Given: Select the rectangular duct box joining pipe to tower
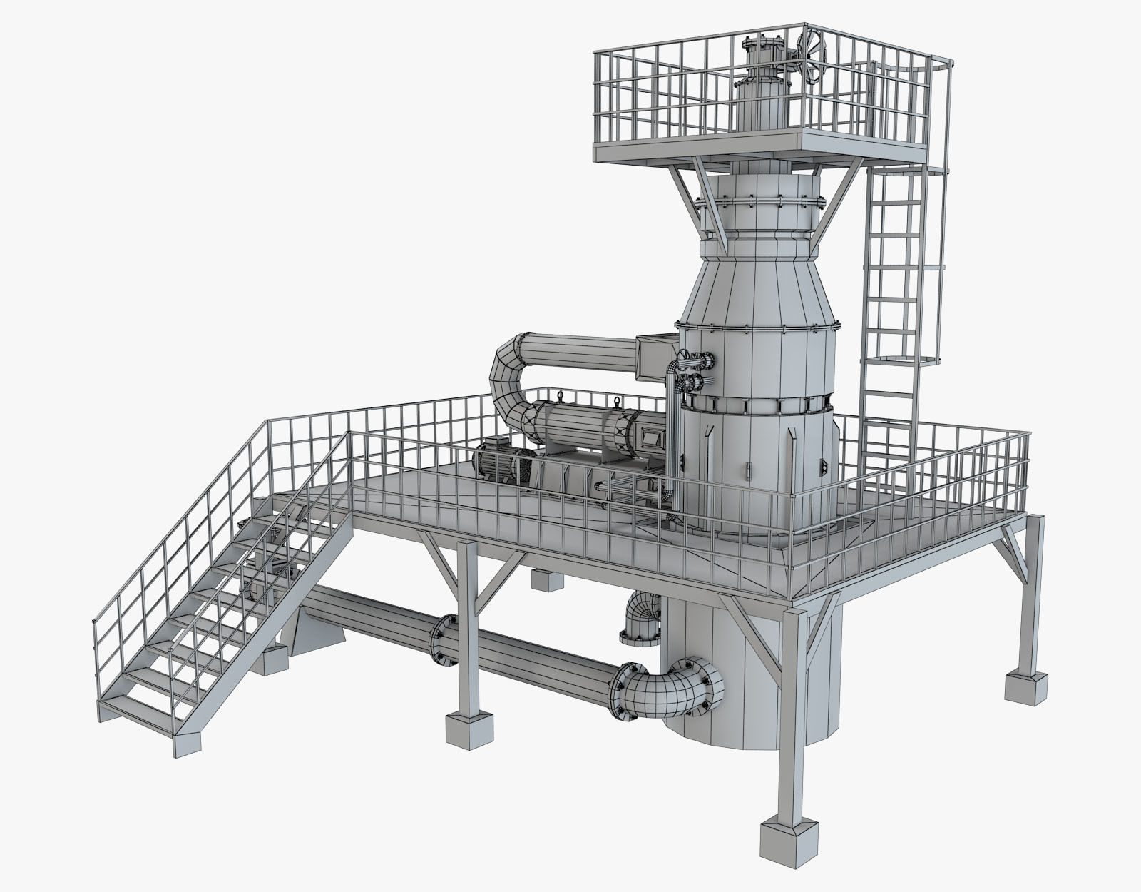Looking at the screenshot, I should point(655,358).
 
